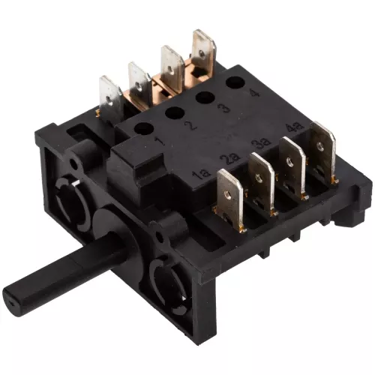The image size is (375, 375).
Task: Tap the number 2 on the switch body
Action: (191, 124)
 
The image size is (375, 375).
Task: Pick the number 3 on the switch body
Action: (223, 106)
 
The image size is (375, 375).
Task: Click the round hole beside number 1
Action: (144, 129)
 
